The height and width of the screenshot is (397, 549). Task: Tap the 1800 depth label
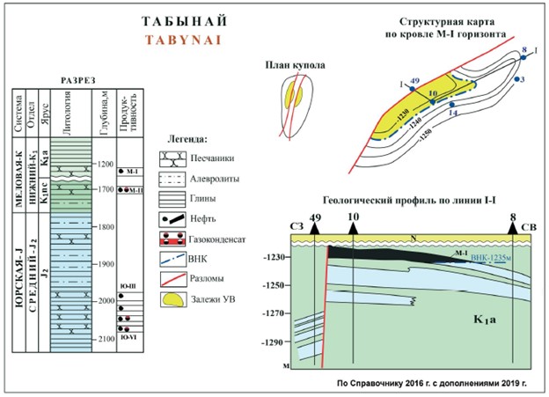(x=107, y=226)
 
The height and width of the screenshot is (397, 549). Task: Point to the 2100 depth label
(x=107, y=339)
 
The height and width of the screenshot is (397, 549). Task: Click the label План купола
(x=296, y=64)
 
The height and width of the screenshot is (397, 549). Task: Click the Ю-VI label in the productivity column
(x=128, y=335)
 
